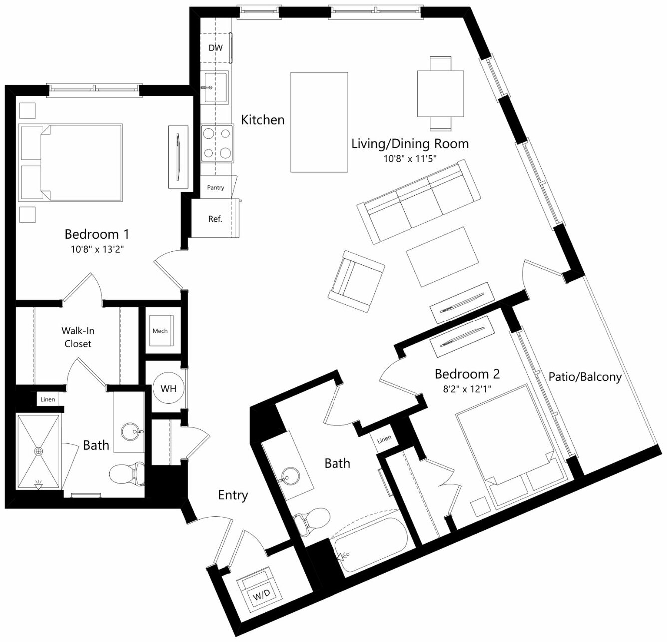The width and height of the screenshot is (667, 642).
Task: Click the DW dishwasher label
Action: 216,48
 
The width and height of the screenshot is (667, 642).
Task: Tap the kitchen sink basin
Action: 216,87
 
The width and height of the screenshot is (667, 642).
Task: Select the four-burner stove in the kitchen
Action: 217,143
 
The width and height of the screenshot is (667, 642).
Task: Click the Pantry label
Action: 216,188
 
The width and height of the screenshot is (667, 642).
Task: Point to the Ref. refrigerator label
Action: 215,219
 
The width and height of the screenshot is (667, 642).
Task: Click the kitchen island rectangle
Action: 319,122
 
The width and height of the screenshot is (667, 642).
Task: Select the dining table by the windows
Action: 440,94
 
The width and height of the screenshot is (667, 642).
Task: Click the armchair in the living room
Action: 356,281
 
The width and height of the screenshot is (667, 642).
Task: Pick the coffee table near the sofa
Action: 442,257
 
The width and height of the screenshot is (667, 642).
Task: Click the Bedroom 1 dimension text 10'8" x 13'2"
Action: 97,249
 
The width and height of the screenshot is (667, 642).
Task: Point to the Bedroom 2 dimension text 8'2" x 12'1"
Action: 467,389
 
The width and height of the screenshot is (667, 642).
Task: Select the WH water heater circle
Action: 168,388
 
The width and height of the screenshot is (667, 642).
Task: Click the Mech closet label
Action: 160,331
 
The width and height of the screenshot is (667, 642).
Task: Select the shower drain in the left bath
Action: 39,451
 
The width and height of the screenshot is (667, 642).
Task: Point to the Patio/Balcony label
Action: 585,377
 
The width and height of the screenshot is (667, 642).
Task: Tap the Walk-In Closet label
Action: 78,337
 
